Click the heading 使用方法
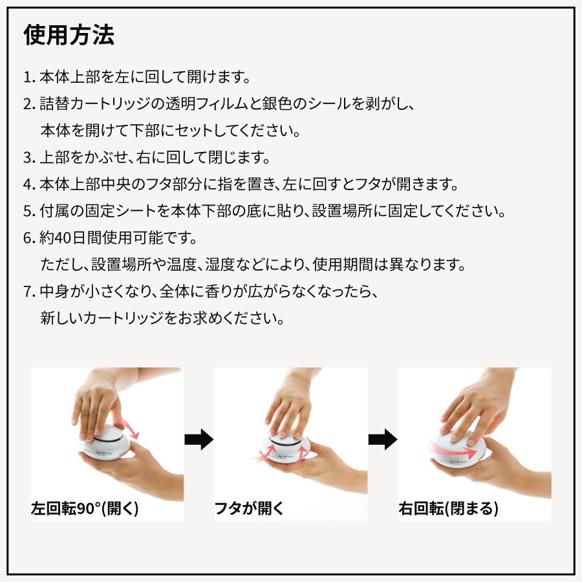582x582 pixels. (x=69, y=36)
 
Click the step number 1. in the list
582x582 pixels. (x=29, y=77)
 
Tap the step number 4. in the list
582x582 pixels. (x=29, y=184)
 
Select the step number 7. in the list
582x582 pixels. (x=29, y=292)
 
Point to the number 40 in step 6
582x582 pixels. (x=62, y=238)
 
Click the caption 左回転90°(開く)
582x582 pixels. (x=85, y=508)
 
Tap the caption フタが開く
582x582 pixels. (x=249, y=508)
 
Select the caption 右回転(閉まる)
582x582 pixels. (x=448, y=508)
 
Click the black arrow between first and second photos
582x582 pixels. (x=199, y=440)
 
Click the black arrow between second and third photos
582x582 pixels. (x=383, y=440)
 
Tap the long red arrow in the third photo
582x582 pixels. (x=453, y=449)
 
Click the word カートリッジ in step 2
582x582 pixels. (x=110, y=104)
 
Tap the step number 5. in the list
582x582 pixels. (x=29, y=211)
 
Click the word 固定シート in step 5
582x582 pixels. (x=121, y=211)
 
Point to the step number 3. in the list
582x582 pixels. (x=29, y=158)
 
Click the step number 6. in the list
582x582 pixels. (x=29, y=238)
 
